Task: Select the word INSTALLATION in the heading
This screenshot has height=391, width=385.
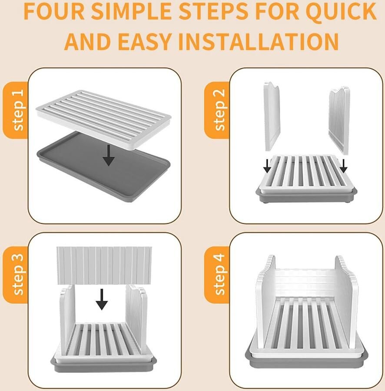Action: (258, 41)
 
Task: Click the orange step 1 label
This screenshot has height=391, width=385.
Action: (16, 110)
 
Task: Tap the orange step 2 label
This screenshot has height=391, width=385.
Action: (217, 110)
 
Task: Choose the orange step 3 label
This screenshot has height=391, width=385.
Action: (16, 274)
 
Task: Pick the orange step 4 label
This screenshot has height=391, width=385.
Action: (217, 274)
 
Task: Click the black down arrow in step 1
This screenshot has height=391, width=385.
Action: (109, 155)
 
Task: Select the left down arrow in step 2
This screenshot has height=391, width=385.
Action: (267, 166)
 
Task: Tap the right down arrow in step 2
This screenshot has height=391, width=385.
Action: (343, 166)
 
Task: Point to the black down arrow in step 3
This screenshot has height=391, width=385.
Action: (102, 299)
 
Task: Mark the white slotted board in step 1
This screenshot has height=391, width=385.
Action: (104, 120)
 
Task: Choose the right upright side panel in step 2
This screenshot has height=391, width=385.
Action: (339, 120)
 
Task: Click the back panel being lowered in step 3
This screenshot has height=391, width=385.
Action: (104, 265)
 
